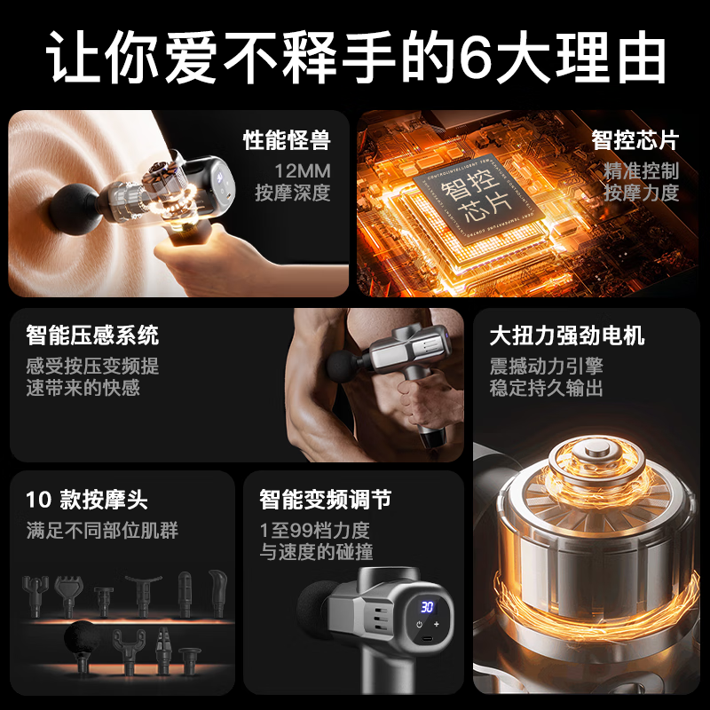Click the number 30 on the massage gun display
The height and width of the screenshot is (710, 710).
(x=427, y=606)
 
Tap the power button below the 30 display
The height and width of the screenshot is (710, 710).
(x=419, y=625)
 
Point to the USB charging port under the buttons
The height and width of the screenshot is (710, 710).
(x=427, y=639)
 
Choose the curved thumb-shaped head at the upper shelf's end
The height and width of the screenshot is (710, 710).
(x=217, y=590)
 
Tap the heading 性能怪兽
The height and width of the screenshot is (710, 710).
(x=287, y=139)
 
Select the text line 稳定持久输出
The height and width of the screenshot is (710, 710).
(x=546, y=388)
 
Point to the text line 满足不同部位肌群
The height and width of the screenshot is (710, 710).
(x=102, y=531)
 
